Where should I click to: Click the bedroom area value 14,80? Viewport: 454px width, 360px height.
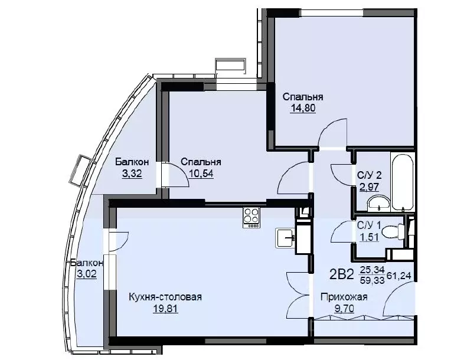click(303, 108)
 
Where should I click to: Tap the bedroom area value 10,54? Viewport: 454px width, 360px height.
click(201, 174)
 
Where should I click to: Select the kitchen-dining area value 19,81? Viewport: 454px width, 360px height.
click(165, 309)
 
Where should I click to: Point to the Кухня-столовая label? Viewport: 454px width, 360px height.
click(165, 297)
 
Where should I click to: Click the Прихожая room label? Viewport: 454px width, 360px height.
click(344, 297)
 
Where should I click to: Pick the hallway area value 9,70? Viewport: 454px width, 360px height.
click(344, 309)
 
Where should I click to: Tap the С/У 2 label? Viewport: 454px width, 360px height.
click(370, 175)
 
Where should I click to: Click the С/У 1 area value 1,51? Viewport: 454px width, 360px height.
click(369, 237)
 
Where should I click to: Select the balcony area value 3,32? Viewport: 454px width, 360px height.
click(132, 174)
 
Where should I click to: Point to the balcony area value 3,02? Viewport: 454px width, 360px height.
click(87, 273)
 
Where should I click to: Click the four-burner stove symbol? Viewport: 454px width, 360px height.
click(252, 218)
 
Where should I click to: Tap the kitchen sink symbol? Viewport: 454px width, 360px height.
click(286, 238)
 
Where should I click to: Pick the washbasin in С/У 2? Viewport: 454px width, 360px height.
click(378, 202)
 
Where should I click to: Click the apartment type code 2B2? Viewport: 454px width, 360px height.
click(342, 274)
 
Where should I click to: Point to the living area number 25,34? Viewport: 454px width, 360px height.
click(372, 270)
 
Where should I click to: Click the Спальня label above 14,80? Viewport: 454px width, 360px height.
click(303, 97)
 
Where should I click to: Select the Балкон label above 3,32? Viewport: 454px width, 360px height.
click(132, 162)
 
